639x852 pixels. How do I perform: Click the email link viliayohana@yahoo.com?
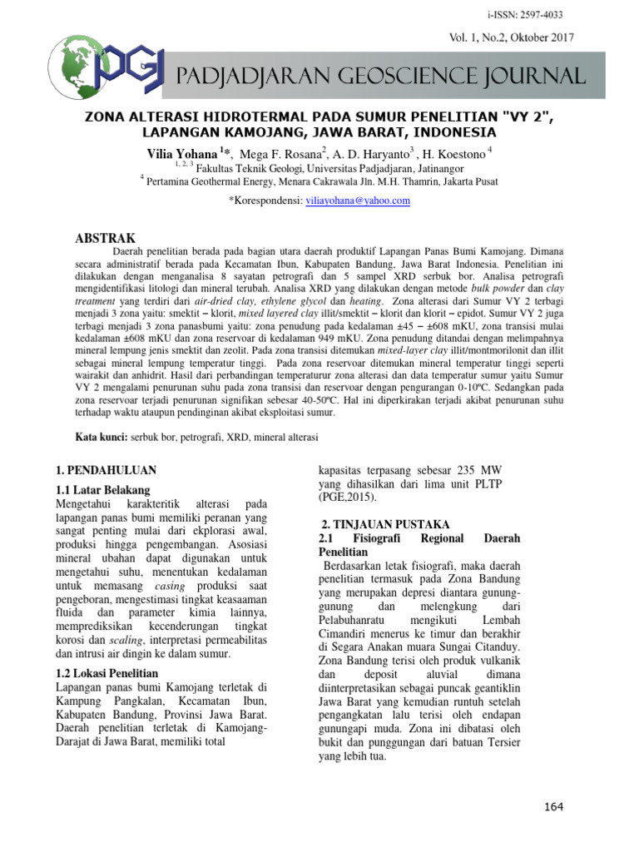359,201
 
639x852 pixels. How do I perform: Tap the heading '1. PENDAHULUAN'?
106,470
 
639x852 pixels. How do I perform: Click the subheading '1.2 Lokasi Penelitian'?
108,671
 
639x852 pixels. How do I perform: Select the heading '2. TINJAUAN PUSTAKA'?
385,525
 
